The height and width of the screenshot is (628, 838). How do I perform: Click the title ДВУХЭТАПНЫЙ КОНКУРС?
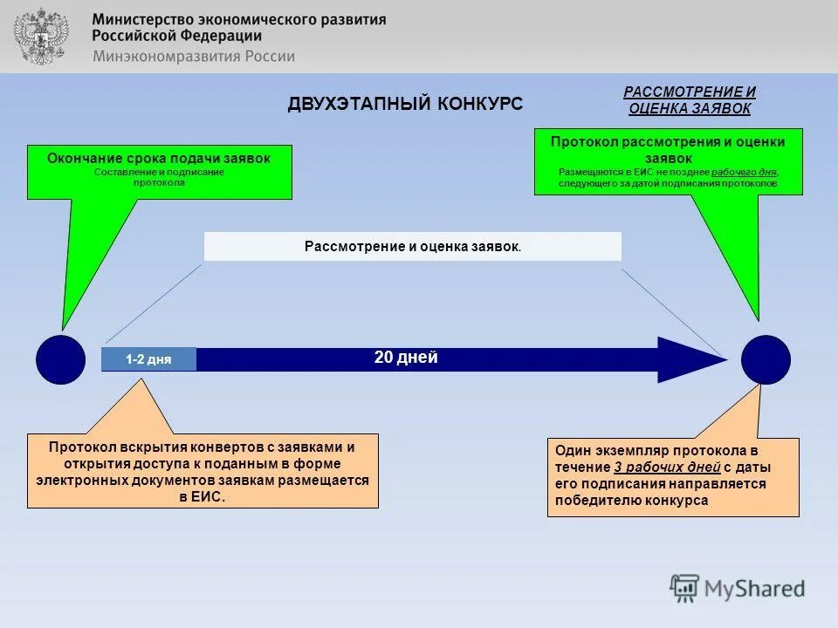tap(405, 104)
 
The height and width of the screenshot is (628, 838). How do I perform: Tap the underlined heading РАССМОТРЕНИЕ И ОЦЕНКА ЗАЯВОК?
tap(690, 100)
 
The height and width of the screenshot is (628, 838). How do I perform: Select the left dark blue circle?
tap(61, 359)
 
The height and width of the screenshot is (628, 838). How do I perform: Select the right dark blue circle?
tap(766, 359)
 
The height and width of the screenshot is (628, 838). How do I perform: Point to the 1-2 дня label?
tap(148, 359)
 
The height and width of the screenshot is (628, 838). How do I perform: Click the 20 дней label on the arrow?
tap(406, 358)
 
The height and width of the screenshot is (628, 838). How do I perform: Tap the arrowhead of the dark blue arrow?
tap(690, 359)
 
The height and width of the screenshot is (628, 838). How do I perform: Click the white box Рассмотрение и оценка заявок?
tap(412, 246)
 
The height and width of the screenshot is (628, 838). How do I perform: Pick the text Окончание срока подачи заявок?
tap(159, 158)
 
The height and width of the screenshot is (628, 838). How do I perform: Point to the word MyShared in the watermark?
tap(754, 589)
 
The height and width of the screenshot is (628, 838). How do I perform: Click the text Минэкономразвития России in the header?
tap(193, 56)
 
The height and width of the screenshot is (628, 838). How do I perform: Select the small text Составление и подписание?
tap(159, 172)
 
